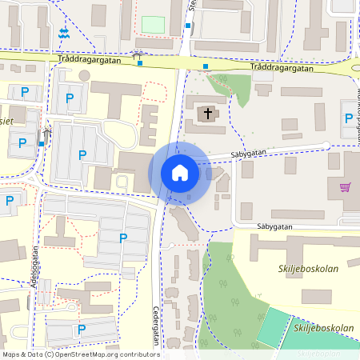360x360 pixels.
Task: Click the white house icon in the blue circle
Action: tap(179, 172)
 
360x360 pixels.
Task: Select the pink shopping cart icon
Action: tap(346, 187)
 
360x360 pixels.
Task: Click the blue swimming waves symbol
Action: tap(63, 33)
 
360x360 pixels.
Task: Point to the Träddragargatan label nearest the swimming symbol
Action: tap(90, 60)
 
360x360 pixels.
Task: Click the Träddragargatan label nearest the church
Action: tap(281, 68)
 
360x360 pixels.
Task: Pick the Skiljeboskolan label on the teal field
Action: tap(324, 329)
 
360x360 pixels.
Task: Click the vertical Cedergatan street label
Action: tap(156, 327)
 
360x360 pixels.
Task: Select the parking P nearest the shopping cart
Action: tap(348, 118)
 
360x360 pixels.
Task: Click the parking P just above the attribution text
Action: tap(81, 329)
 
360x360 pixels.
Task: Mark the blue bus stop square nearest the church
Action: tap(206, 66)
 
